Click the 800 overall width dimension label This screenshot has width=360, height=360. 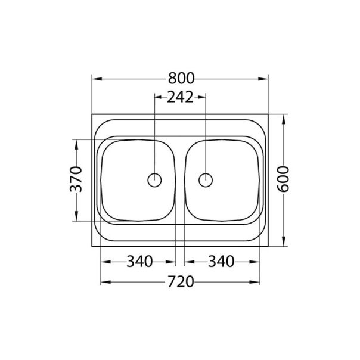point(180,79)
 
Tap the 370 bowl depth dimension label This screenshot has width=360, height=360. point(76,180)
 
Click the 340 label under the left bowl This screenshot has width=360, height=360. point(138,261)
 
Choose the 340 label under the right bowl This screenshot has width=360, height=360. point(221,261)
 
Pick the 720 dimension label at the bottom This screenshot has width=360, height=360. point(180,281)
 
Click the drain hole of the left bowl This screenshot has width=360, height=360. point(154,179)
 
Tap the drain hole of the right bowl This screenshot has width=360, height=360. point(206,179)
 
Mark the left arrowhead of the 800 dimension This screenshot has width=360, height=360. point(95,79)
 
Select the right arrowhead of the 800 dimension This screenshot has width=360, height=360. point(265,79)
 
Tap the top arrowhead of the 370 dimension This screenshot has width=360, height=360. point(76,143)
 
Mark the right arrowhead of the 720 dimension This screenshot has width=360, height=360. point(257,281)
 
